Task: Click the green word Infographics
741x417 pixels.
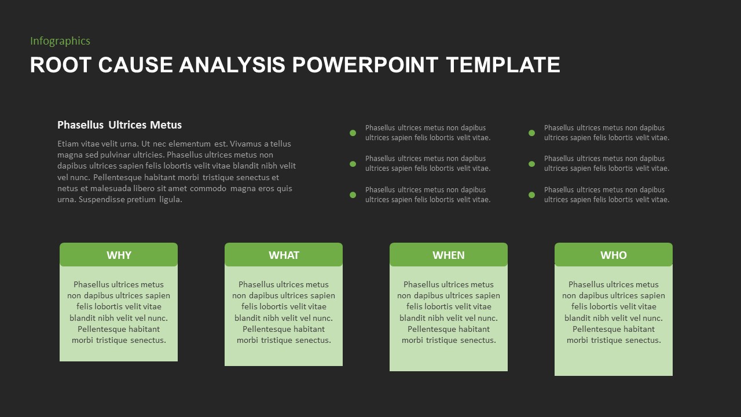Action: click(60, 41)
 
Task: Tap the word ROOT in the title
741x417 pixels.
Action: click(61, 65)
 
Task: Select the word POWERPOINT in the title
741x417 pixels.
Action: click(365, 65)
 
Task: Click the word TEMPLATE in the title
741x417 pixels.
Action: click(503, 65)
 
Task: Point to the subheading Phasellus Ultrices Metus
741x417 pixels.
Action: click(119, 125)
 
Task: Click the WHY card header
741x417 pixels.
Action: click(119, 254)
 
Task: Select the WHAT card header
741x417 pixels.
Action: click(284, 254)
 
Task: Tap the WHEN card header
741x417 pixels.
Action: click(449, 254)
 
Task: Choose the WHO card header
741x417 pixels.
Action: click(614, 254)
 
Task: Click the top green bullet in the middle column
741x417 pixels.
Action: click(353, 133)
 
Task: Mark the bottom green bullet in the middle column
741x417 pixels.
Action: click(353, 195)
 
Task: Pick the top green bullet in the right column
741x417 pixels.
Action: click(531, 133)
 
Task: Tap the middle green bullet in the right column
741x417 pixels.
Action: click(531, 164)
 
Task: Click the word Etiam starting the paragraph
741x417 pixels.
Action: click(68, 144)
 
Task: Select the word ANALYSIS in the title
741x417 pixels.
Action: click(232, 65)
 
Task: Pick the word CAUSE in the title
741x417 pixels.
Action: click(135, 65)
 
